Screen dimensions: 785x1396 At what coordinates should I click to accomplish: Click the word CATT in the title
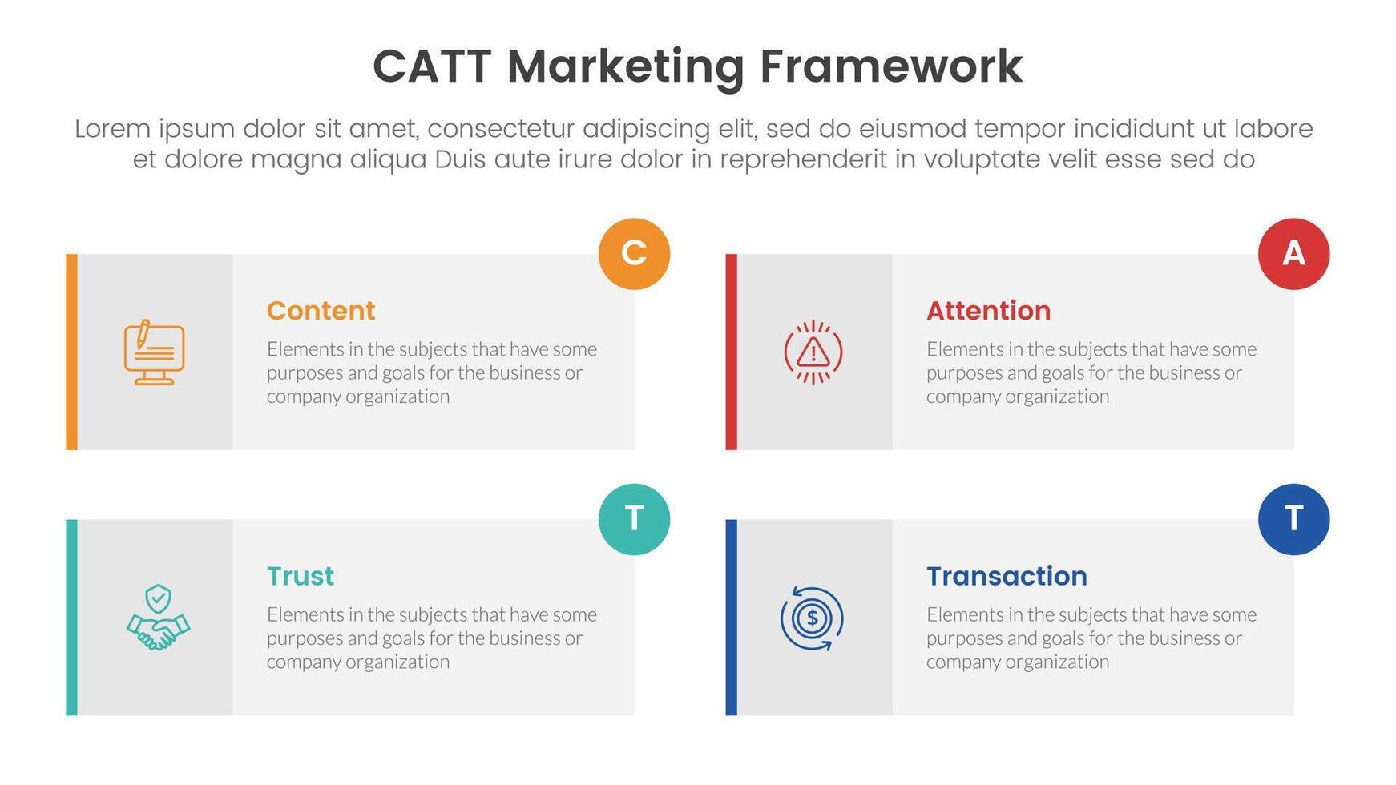(x=431, y=66)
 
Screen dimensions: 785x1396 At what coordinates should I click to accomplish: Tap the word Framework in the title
(x=891, y=66)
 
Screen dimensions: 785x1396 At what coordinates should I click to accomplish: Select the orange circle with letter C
(x=634, y=253)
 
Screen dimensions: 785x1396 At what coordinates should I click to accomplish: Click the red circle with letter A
(x=1293, y=253)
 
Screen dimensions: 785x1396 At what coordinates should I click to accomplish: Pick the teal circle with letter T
(x=634, y=519)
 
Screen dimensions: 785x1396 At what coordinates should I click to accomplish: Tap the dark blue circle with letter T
(x=1293, y=519)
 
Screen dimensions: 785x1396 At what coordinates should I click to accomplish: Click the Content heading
(x=321, y=311)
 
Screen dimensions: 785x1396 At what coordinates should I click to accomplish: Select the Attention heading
(x=988, y=311)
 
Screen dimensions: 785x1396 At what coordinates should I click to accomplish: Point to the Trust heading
(x=300, y=576)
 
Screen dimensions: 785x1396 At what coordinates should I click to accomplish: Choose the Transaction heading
(x=1007, y=576)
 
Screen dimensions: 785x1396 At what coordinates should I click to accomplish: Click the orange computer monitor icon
(x=154, y=352)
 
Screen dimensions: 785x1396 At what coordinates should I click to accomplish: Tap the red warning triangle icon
(x=813, y=352)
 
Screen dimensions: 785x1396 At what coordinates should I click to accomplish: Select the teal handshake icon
(x=158, y=618)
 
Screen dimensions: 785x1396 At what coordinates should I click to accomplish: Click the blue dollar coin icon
(x=812, y=618)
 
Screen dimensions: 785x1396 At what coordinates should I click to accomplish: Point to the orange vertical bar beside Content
(x=71, y=352)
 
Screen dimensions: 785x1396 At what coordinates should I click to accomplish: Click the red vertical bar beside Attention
(x=731, y=352)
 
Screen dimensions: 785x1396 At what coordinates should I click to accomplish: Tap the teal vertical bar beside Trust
(x=71, y=617)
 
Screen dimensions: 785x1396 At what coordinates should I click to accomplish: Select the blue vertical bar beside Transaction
(x=731, y=617)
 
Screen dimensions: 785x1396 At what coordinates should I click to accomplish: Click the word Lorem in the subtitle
(x=112, y=129)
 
